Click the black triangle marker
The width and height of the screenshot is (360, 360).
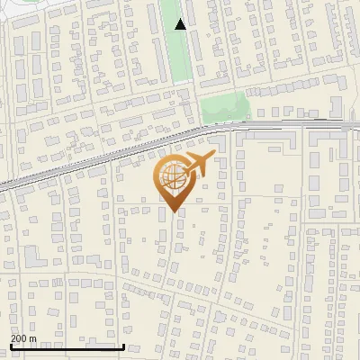(x=181, y=24)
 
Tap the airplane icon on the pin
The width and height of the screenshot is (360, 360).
(x=197, y=165)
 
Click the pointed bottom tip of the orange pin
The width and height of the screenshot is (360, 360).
(x=173, y=212)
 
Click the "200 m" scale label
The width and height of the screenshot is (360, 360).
(x=23, y=338)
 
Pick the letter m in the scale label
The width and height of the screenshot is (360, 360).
(x=33, y=338)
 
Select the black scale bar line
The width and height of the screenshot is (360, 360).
(x=67, y=346)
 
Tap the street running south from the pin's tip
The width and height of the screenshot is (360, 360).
(x=168, y=261)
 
